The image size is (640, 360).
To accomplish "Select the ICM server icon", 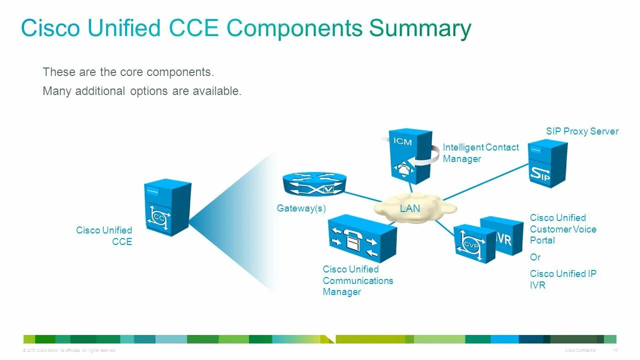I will click(410, 156).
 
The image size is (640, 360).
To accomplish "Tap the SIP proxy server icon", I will click(547, 163).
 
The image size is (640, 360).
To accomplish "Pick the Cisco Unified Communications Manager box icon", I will click(362, 238).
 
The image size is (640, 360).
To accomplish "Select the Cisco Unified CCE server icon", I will click(167, 207).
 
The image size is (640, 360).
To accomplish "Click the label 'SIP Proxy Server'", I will click(582, 131).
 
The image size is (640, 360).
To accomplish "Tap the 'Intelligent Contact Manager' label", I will click(480, 153).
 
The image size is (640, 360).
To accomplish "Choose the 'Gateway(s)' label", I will click(301, 208).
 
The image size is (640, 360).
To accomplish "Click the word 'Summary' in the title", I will click(420, 28).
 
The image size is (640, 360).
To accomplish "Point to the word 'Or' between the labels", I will click(535, 257).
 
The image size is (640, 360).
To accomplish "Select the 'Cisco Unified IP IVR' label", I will click(562, 279).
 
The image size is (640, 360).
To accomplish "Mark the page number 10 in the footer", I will click(615, 350).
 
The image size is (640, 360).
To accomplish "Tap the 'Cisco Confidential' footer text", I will click(580, 350).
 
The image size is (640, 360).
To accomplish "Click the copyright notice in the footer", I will click(69, 350).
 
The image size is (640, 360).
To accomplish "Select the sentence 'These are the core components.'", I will click(128, 72).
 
